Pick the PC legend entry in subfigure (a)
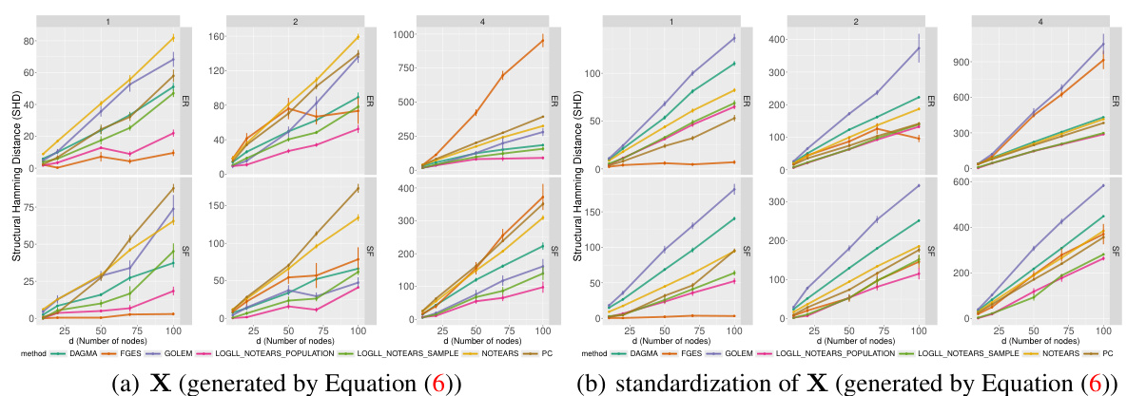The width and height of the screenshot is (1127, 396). (x=545, y=352)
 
